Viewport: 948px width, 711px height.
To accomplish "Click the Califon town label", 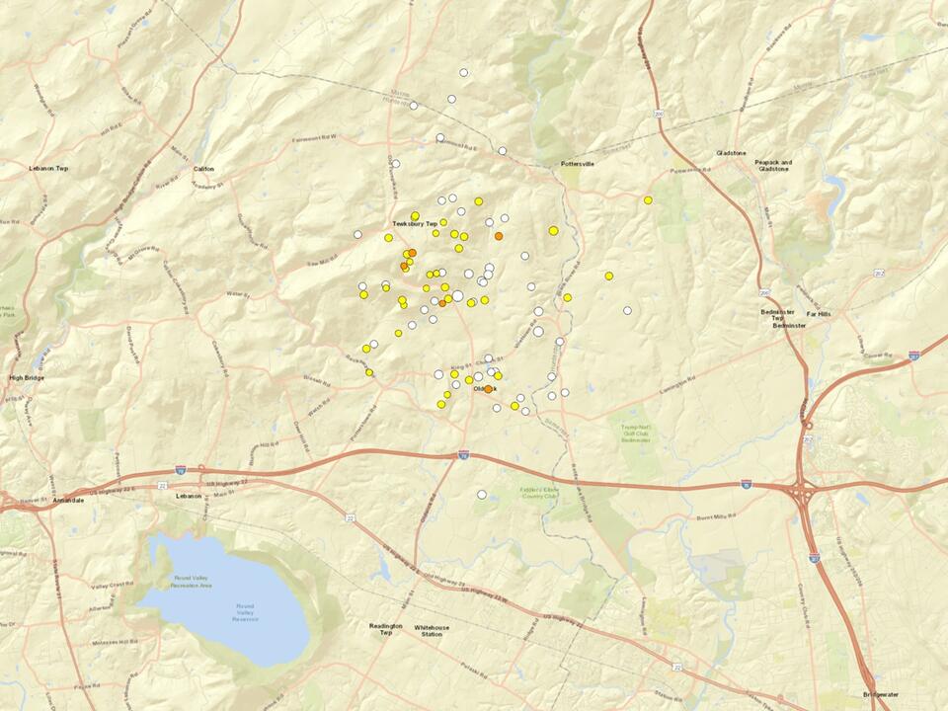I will click(203, 169).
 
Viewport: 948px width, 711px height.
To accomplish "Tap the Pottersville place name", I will click(577, 164).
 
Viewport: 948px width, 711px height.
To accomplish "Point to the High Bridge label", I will click(28, 377).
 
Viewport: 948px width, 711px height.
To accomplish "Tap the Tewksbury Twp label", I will click(415, 224).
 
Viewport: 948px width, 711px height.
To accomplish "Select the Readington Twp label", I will click(381, 632).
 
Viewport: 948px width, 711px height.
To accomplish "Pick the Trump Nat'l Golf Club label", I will click(639, 432).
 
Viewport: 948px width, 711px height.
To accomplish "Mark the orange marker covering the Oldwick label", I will click(488, 389).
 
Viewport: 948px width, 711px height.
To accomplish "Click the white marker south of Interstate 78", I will click(482, 494).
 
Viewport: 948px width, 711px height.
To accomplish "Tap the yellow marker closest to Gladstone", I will click(648, 200).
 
